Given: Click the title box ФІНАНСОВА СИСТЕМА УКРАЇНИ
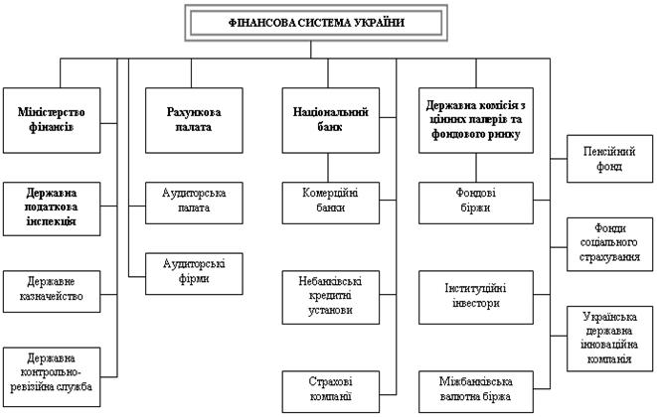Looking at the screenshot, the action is (316, 23).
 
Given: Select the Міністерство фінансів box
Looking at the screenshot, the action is (52, 120).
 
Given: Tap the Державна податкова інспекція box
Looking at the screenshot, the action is (52, 208).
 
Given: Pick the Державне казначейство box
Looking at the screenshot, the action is (52, 291).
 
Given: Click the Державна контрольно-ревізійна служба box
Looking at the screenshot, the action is (52, 376).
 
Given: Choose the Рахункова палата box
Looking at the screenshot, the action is (194, 120).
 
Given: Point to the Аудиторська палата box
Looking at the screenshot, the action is (194, 203).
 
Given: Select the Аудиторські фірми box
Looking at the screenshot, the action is (194, 273).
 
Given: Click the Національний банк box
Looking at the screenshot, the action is (331, 120).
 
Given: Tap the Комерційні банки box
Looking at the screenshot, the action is (331, 203).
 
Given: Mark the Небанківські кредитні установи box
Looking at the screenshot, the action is (331, 297).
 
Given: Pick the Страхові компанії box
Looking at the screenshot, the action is (331, 391).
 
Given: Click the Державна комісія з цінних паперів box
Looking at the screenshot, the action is (476, 120).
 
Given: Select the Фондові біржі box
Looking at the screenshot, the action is (476, 203).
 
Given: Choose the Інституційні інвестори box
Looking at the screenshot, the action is (476, 297).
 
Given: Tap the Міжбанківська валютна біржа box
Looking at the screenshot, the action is (476, 391).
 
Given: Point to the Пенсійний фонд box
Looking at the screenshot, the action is (609, 159).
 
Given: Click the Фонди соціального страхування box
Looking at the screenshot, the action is (609, 244).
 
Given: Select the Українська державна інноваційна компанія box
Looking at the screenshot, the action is (609, 339).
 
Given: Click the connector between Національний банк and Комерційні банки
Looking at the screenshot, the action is (328, 168).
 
